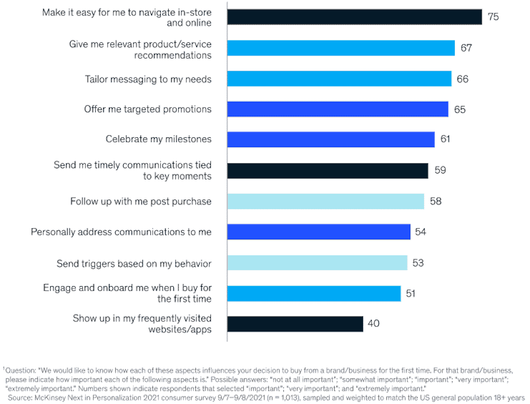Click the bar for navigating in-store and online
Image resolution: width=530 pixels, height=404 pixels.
354,17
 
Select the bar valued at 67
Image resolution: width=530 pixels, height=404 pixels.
341,48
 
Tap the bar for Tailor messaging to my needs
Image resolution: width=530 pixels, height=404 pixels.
339,79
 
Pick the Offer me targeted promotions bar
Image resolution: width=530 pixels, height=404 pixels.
337,109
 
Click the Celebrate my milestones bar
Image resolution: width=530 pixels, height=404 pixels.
331,140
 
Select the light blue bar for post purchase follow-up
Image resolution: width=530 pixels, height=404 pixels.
325,201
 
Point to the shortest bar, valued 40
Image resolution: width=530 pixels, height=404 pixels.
295,324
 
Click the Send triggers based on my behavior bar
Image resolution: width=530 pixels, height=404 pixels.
317,263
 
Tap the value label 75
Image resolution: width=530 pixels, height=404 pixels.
493,17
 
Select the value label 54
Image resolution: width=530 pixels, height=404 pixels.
421,232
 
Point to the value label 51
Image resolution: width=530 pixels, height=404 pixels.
410,293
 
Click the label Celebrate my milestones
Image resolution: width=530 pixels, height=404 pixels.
158,139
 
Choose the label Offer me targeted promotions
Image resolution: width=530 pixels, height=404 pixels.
148,109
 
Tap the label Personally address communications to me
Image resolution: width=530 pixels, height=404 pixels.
121,232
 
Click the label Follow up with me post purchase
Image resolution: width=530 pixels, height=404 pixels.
141,201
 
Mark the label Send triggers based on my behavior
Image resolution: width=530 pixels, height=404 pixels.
134,263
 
